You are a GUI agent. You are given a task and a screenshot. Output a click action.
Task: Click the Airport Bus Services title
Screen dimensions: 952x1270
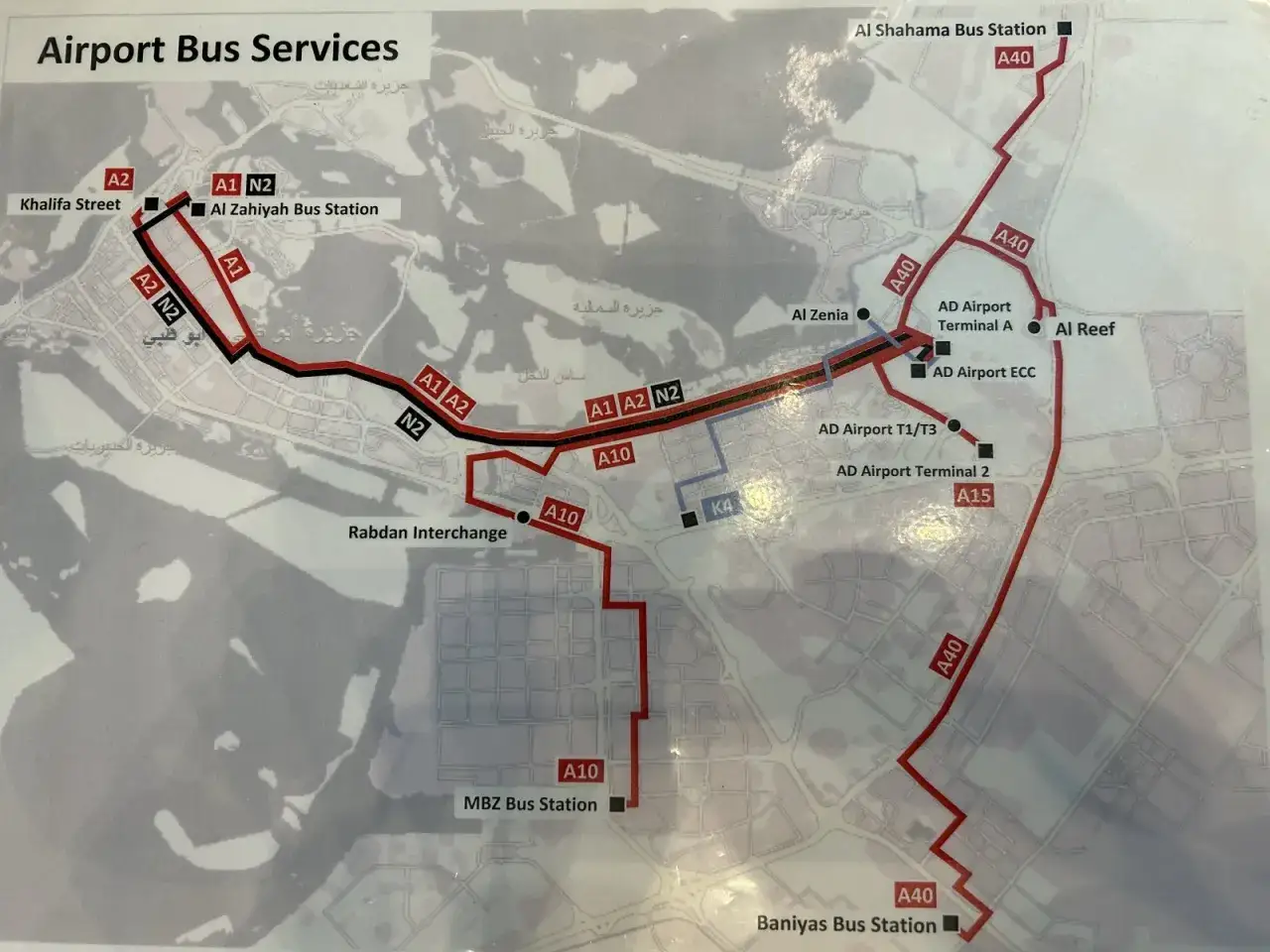click(218, 48)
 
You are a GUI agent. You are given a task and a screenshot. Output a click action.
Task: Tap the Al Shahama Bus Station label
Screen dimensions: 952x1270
click(951, 30)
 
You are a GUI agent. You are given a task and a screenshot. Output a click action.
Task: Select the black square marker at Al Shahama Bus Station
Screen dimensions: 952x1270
click(1065, 30)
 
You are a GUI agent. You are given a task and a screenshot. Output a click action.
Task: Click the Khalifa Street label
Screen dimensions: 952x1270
click(70, 204)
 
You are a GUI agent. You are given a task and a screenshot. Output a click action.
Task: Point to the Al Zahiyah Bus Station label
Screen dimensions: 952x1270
click(294, 209)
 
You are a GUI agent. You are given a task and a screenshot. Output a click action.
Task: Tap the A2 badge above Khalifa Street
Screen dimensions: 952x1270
click(118, 179)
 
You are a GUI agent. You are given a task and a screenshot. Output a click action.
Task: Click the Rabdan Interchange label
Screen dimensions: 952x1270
click(427, 533)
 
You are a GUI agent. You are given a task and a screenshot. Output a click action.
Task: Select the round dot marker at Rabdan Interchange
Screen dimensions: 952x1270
click(523, 517)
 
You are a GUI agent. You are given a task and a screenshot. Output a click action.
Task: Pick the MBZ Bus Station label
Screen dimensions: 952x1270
click(530, 804)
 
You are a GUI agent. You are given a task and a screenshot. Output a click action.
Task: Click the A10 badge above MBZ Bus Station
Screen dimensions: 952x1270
click(580, 772)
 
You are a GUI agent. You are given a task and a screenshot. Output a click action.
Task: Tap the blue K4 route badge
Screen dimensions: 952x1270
click(721, 507)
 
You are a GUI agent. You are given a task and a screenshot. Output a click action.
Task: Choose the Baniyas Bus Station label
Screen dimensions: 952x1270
click(846, 924)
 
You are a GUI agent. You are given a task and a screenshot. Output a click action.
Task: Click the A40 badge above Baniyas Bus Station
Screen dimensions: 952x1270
click(915, 895)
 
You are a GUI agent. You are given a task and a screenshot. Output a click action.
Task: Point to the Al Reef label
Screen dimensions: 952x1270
click(1084, 329)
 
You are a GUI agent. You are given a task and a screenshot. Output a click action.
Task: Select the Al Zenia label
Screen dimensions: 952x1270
click(820, 314)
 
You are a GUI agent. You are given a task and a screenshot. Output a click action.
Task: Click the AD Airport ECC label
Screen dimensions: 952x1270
click(983, 372)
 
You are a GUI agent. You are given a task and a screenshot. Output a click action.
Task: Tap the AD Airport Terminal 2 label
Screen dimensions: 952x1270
click(912, 471)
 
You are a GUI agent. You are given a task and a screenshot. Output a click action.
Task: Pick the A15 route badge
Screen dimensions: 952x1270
click(973, 495)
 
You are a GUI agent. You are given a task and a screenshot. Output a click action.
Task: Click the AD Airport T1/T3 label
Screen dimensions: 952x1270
click(876, 429)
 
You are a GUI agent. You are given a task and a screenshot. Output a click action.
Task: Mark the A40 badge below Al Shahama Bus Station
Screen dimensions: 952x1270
click(1014, 58)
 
